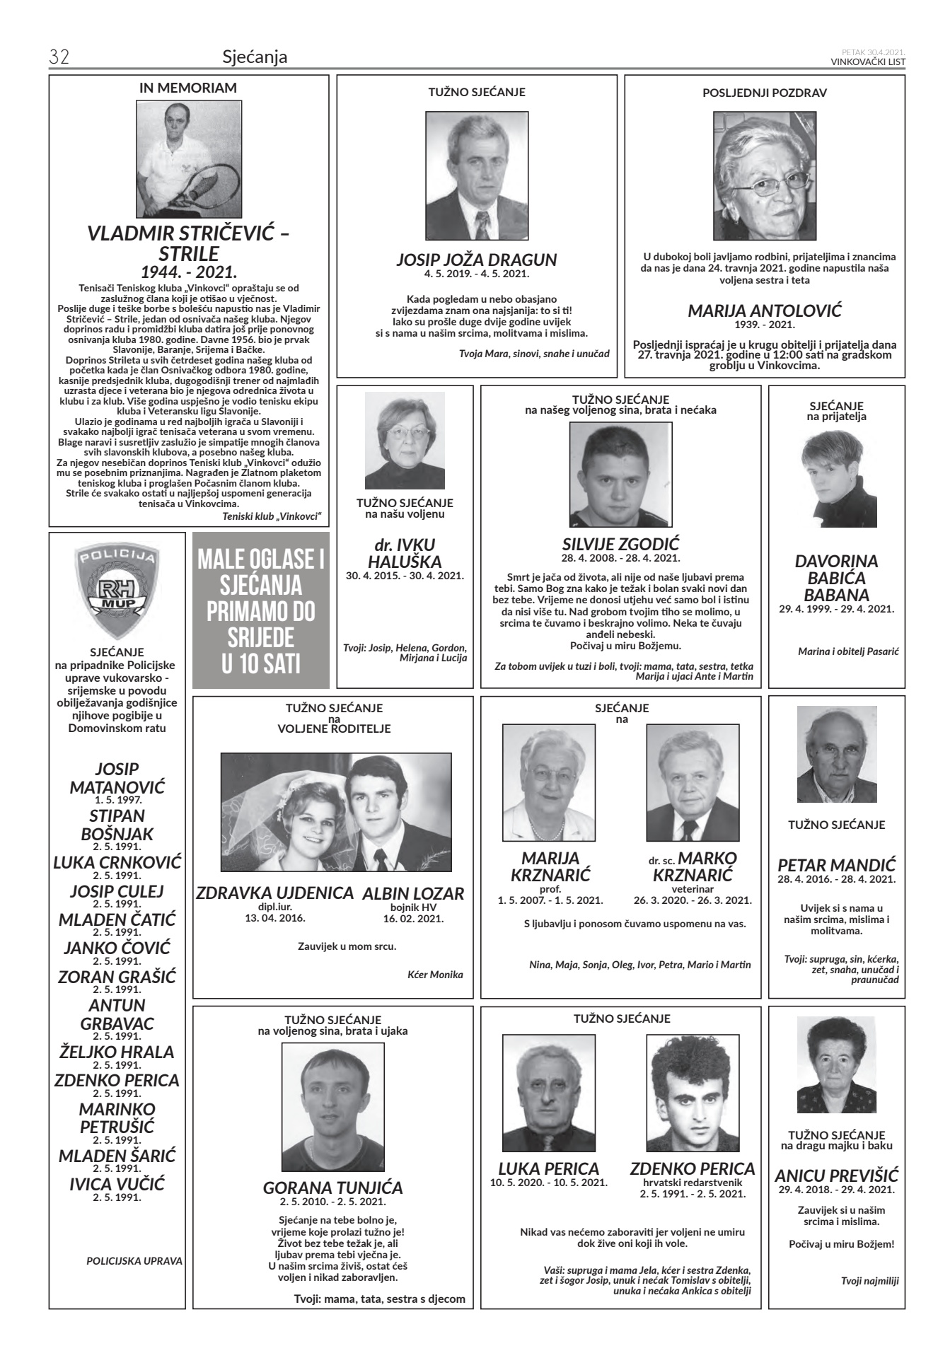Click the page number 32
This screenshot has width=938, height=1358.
point(59,57)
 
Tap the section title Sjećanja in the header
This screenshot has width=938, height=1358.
point(255,57)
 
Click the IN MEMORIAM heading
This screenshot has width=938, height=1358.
point(188,88)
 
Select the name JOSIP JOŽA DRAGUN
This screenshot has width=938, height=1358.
point(476,260)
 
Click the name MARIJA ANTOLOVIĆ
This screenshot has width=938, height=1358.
point(765,311)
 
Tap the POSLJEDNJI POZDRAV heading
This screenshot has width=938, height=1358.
point(765,93)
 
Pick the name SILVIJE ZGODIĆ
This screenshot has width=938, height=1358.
point(620,544)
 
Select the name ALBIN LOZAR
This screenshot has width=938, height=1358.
point(413,893)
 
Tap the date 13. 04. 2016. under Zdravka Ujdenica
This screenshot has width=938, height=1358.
point(275,918)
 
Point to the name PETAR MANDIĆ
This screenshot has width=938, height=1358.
point(836,865)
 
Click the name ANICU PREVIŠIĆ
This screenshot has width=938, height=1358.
point(836,1176)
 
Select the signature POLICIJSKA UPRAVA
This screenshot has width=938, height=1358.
point(134,1260)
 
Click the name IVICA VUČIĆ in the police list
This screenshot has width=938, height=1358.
point(117,1184)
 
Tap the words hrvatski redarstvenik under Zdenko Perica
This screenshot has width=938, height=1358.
point(693,1182)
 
